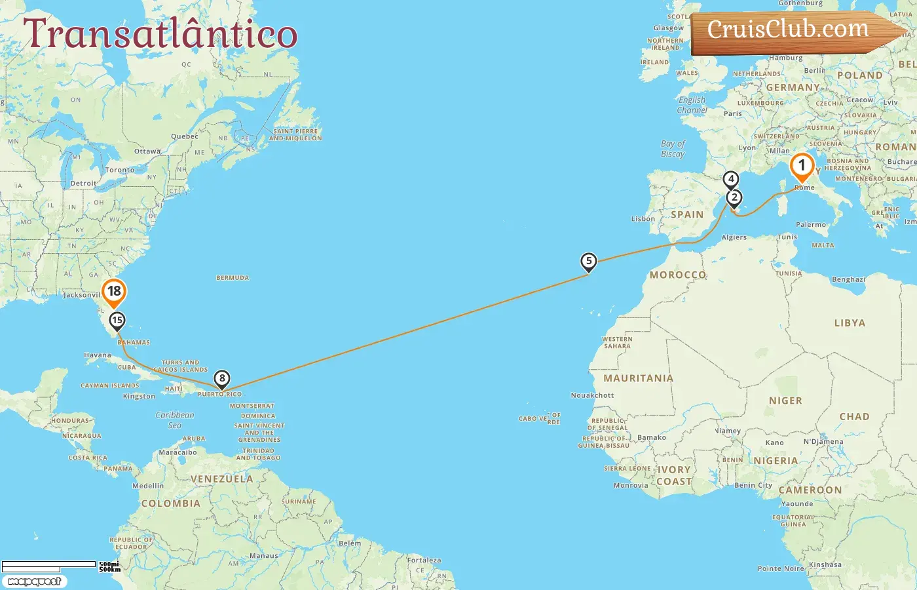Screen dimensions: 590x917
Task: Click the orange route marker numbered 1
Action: tap(802, 167)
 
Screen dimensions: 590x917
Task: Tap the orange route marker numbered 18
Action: tap(114, 292)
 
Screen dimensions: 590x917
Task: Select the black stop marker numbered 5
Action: tap(589, 262)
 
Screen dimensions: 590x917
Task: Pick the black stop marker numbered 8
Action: tap(222, 378)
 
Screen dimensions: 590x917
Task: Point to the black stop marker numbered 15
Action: tap(117, 321)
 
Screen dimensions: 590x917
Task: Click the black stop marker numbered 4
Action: tap(730, 179)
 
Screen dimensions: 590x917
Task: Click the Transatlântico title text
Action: tap(160, 34)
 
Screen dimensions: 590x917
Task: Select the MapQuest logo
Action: tap(34, 581)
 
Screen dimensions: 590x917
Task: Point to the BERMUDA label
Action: tap(233, 278)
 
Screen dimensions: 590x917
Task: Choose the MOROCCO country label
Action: tap(678, 275)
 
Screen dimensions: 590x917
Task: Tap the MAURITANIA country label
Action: tap(638, 378)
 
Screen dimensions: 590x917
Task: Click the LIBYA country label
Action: tap(850, 323)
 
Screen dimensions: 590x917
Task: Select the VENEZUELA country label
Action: tap(221, 479)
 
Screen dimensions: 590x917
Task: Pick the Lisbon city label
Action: tap(643, 219)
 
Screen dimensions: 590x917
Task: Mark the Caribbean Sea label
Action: tap(175, 420)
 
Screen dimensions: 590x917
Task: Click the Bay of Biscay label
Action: tap(673, 149)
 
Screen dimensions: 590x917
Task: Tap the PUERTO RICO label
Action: tap(220, 395)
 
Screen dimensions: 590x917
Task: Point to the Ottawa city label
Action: tap(147, 151)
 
